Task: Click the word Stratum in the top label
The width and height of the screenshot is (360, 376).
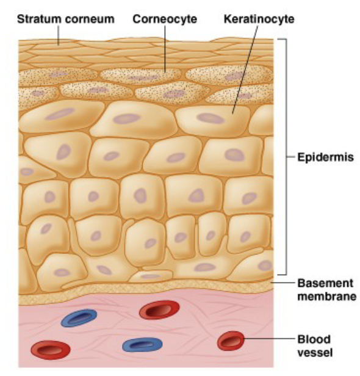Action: tap(38, 19)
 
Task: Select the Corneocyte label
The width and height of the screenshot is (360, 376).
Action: tap(165, 19)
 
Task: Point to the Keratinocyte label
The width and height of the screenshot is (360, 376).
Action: tap(259, 19)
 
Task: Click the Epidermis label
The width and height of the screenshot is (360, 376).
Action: tap(325, 157)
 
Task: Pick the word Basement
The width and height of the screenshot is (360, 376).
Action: tap(325, 283)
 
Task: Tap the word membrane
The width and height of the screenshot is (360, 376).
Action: tap(327, 297)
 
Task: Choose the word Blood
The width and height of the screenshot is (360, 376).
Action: tap(314, 339)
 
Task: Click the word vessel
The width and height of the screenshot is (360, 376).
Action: tap(315, 353)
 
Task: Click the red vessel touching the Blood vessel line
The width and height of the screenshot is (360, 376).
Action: tap(231, 341)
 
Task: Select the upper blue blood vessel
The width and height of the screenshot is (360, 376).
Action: tap(79, 318)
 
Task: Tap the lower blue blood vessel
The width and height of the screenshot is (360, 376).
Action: tap(142, 345)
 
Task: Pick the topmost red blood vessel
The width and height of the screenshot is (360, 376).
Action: tap(159, 310)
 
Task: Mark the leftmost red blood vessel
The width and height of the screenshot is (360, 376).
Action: tap(51, 350)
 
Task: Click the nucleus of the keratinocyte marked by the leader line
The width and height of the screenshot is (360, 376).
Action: tap(211, 118)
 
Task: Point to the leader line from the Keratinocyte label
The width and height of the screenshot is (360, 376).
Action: tap(245, 70)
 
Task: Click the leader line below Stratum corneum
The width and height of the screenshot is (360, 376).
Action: tap(58, 35)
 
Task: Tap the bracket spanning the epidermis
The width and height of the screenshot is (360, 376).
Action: tap(286, 157)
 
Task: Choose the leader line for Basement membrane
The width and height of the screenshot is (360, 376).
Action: tap(283, 283)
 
